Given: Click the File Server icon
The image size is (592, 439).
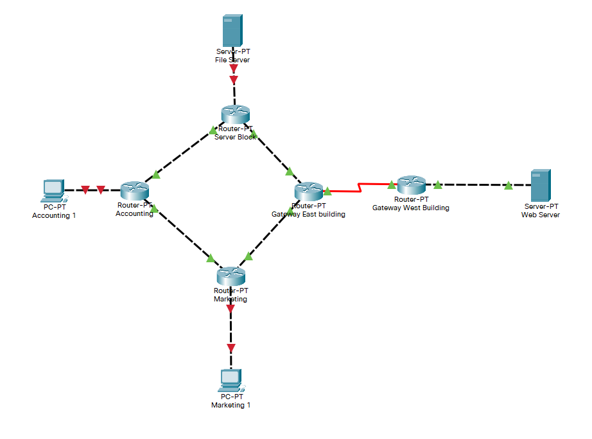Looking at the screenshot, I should click(232, 30).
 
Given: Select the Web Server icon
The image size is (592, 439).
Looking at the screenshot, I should click(540, 185).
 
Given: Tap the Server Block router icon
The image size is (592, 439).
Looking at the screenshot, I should click(234, 114).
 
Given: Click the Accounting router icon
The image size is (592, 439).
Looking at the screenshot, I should click(134, 190).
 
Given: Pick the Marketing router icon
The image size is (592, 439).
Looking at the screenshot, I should click(230, 276).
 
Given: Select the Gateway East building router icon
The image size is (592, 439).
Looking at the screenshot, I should click(308, 191).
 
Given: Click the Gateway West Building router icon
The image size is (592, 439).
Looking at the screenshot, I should click(410, 185).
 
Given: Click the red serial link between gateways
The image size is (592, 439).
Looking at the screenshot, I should click(360, 188).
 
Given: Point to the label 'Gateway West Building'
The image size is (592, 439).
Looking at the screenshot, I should click(410, 208).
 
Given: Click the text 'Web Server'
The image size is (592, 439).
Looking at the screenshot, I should click(540, 215).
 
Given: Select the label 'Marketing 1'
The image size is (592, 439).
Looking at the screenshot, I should click(231, 405).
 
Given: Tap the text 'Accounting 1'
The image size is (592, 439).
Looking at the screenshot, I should click(54, 215).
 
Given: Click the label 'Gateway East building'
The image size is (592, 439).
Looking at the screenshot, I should click(308, 214).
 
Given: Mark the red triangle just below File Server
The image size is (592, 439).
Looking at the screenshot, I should click(234, 80).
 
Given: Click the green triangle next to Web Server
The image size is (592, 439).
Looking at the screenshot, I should click(508, 185).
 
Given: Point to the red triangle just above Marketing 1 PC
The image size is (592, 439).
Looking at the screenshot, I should click(231, 348).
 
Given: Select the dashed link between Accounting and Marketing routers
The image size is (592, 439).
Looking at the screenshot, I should click(183, 234).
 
